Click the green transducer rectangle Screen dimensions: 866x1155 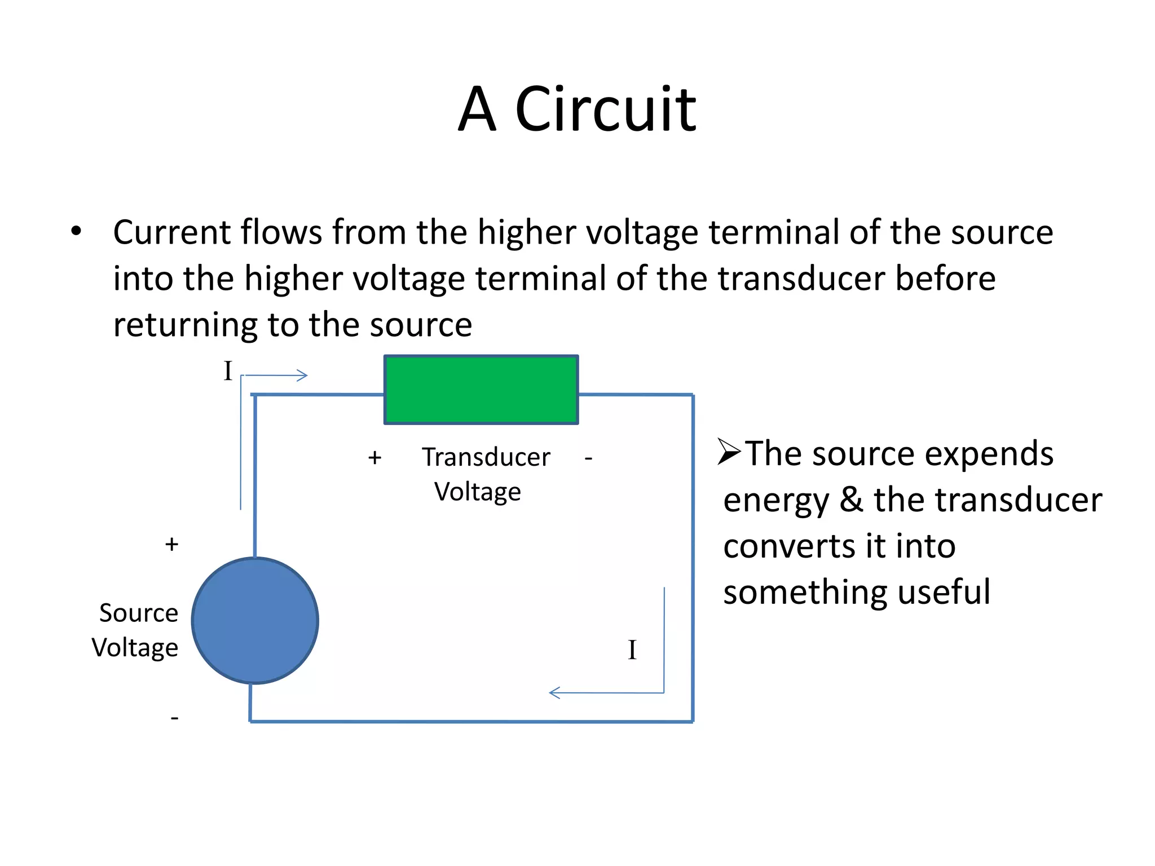pos(481,390)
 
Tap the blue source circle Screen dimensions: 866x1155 pos(255,620)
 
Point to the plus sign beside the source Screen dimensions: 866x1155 pos(171,545)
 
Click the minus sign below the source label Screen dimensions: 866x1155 pos(174,718)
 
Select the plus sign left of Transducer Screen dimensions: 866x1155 pos(374,457)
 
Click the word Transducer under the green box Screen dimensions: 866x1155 pos(486,457)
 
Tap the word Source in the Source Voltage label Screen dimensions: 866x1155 pos(139,613)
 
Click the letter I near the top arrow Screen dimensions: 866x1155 pos(228,372)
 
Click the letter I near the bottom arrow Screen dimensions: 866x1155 pos(632,650)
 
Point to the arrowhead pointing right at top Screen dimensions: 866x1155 pos(303,375)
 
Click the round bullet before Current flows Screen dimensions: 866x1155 pos(76,232)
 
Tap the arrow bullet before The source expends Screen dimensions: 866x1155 pos(729,453)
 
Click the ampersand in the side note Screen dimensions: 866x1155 pos(852,500)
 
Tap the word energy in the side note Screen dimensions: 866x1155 pos(776,501)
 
